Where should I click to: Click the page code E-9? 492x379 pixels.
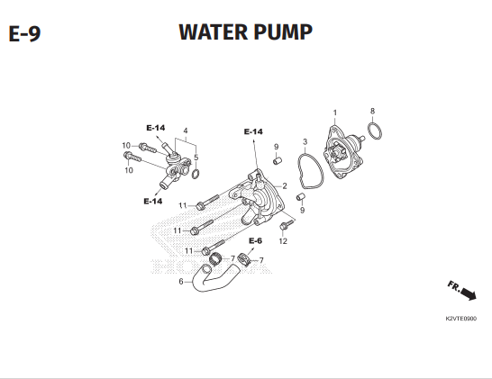coord(24,33)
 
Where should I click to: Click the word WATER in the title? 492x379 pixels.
coord(213,32)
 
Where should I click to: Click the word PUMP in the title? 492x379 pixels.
coord(283,32)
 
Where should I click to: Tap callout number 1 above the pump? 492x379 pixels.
coord(335,113)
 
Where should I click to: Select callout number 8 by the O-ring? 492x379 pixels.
coord(372,111)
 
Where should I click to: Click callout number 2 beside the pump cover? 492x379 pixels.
coord(284,185)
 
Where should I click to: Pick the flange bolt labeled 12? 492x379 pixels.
coord(287,224)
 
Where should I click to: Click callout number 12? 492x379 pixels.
coord(283,241)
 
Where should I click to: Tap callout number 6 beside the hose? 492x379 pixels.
coord(181,282)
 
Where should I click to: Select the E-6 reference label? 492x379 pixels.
coord(255,240)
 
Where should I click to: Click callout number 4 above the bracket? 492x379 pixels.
coord(186,131)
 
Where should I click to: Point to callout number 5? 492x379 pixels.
coord(196,158)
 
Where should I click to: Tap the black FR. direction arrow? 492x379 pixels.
coord(469,294)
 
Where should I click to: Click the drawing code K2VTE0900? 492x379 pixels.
coord(461,319)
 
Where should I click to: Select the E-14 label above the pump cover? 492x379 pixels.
coord(253,131)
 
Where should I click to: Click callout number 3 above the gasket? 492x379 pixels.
coord(305,141)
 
